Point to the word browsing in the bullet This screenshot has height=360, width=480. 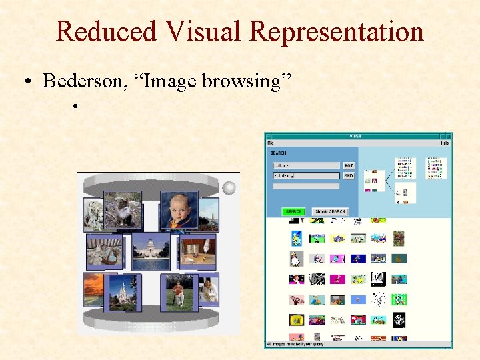pyautogui.click(x=245, y=81)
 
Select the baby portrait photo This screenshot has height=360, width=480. pyautogui.click(x=179, y=209)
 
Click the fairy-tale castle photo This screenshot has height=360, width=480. pyautogui.click(x=123, y=292)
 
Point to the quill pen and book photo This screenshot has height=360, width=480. pyautogui.click(x=197, y=251)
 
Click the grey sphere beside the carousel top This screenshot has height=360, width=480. pyautogui.click(x=229, y=188)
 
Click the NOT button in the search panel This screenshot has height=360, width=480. pyautogui.click(x=349, y=165)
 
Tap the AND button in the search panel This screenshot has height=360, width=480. pyautogui.click(x=349, y=176)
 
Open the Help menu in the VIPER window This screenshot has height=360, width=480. pyautogui.click(x=445, y=143)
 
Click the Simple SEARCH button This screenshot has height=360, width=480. pyautogui.click(x=331, y=211)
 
